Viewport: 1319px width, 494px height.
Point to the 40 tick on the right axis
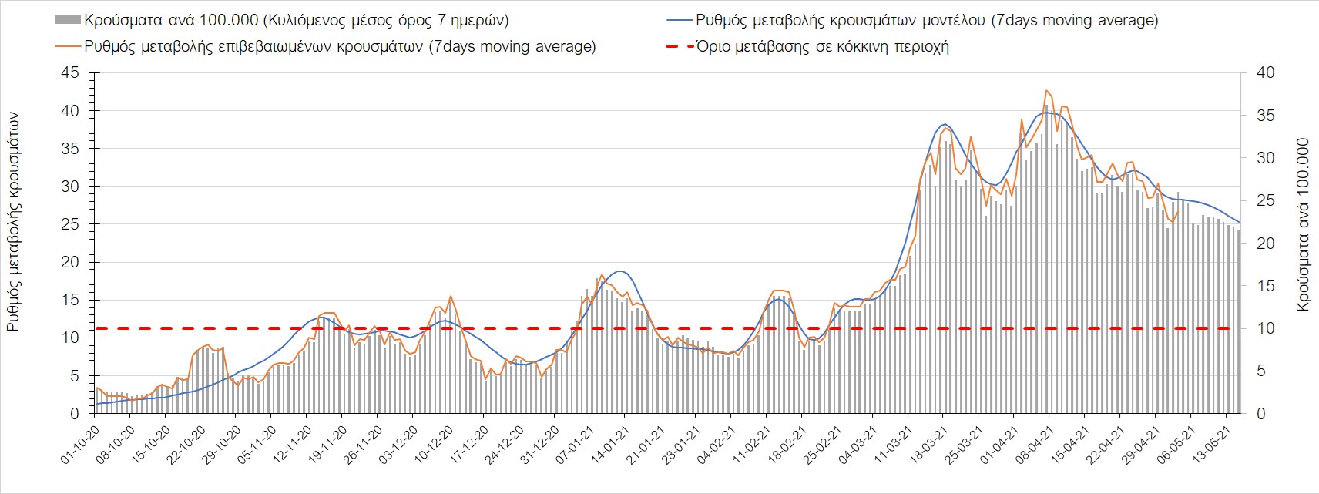pyautogui.click(x=1265, y=73)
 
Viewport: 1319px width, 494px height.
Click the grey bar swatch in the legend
pyautogui.click(x=68, y=20)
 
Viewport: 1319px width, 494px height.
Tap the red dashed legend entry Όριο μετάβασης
pyautogui.click(x=821, y=46)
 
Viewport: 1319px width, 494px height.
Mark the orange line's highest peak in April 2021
pyautogui.click(x=1046, y=90)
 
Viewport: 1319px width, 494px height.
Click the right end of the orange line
pyautogui.click(x=1178, y=211)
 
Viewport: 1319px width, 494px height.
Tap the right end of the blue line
pyautogui.click(x=1239, y=222)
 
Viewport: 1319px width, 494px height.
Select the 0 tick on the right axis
pyautogui.click(x=1260, y=414)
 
